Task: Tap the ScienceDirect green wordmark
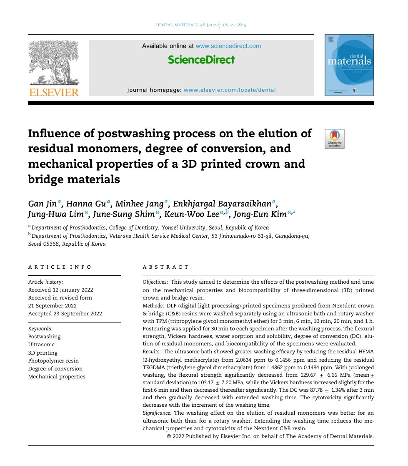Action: pos(201,60)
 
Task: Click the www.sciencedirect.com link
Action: pos(228,46)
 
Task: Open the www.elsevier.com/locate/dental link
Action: pos(230,90)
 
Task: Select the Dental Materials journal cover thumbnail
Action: pos(349,65)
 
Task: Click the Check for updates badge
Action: pos(335,139)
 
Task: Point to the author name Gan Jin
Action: pos(43,204)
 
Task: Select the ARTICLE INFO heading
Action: pos(60,267)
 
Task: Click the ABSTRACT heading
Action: pos(165,267)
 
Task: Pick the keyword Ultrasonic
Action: pos(41,345)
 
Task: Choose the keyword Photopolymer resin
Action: pos(53,360)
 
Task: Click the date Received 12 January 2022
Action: pos(60,290)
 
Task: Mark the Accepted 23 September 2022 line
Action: pos(65,314)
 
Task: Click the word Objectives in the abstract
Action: pos(155,282)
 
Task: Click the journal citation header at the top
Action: pos(201,25)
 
